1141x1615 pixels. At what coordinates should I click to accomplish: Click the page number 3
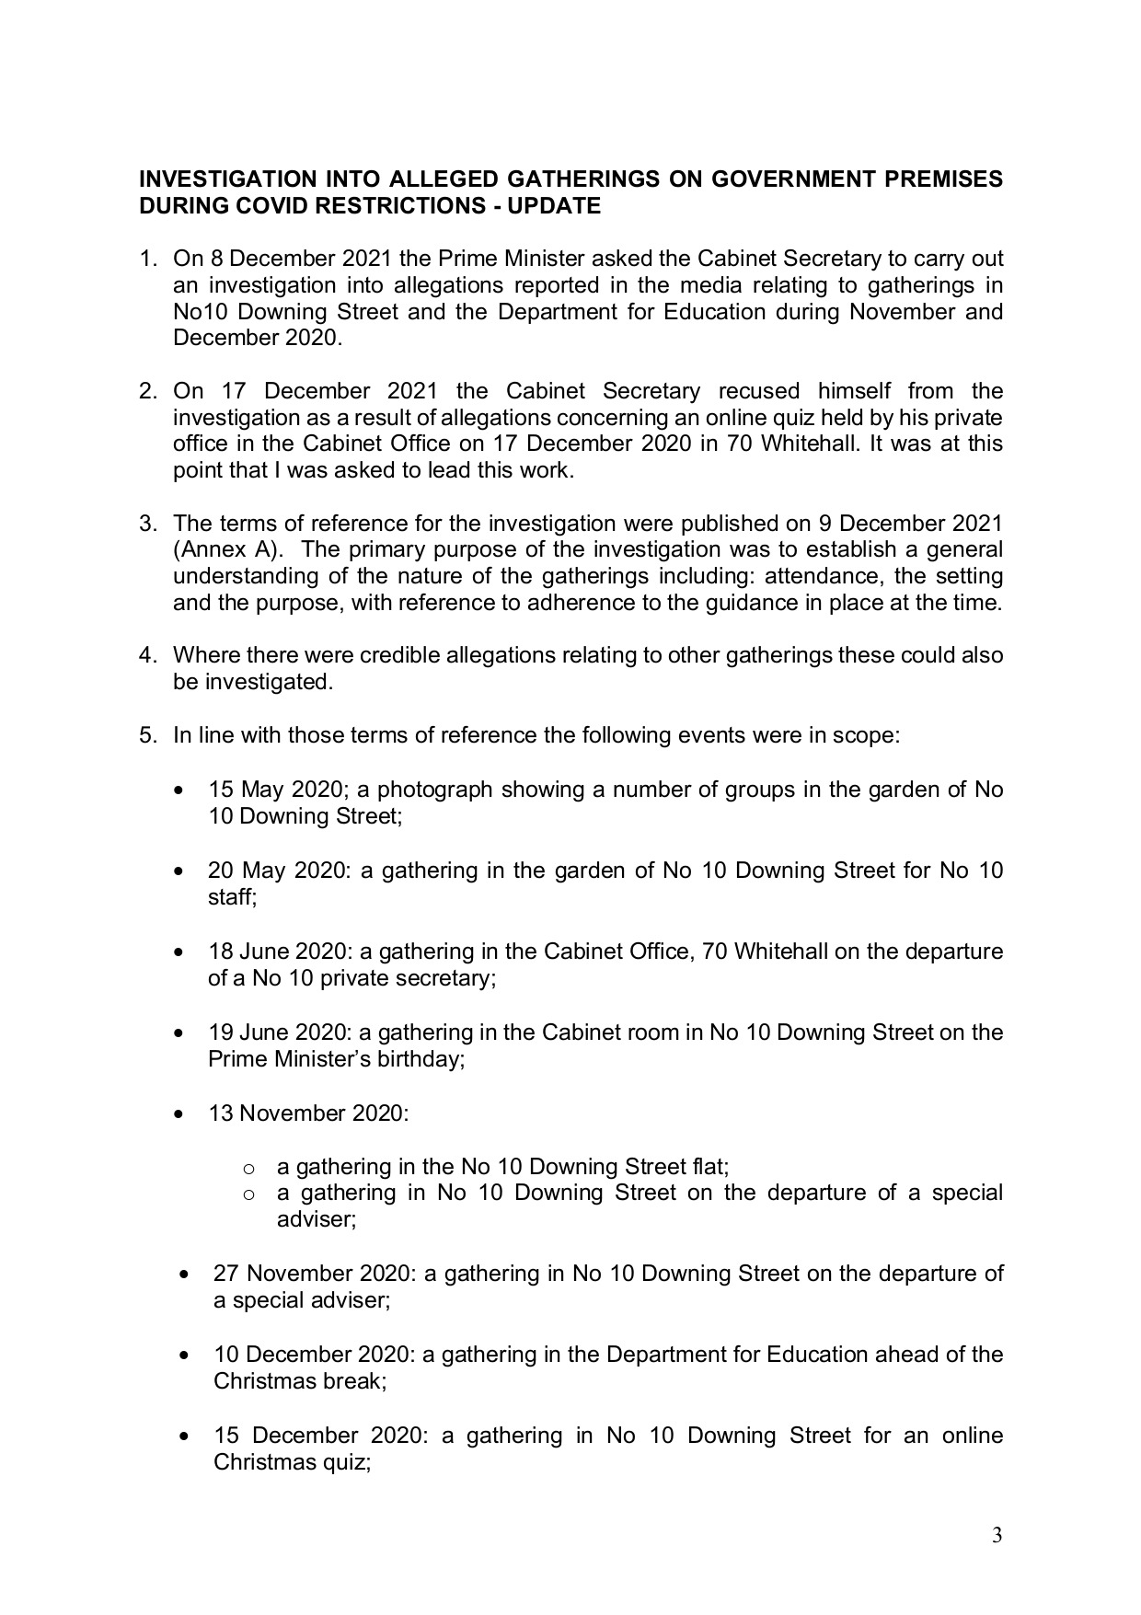pos(997,1536)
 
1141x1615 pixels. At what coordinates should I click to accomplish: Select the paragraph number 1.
pos(146,260)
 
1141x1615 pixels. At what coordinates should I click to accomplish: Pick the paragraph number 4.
pos(146,656)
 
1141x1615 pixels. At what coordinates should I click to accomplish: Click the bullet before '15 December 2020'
pos(186,1436)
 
